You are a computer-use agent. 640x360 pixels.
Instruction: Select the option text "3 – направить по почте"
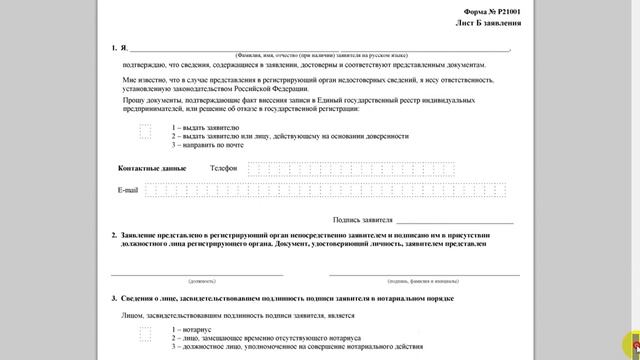[207, 145]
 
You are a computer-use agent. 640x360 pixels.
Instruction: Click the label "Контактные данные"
[152, 168]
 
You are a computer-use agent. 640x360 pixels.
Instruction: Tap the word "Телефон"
[224, 168]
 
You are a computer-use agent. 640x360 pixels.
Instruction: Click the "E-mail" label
[127, 189]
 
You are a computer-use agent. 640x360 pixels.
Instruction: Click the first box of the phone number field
[253, 168]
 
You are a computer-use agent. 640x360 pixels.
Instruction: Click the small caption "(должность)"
[197, 281]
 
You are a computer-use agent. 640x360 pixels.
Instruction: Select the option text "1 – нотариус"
[192, 329]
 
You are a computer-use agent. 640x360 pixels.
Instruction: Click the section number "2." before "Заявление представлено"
[114, 235]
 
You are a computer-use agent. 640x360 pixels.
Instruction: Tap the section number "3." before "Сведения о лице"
[114, 298]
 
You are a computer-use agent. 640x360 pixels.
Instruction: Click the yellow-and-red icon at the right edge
[629, 341]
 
